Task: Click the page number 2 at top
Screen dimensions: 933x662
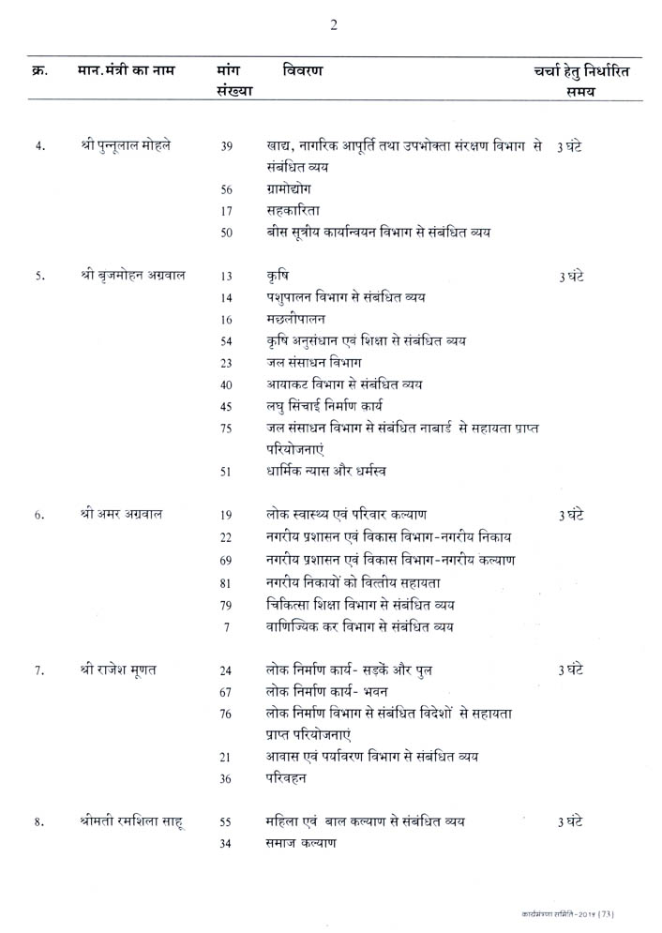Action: click(x=333, y=24)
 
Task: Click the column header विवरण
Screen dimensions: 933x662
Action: click(x=304, y=70)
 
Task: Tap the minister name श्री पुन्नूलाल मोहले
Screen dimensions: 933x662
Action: click(x=132, y=146)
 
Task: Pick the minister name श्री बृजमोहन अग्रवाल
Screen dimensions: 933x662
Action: click(x=133, y=276)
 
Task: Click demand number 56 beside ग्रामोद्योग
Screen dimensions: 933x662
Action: click(x=227, y=188)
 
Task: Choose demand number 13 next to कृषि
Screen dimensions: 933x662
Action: click(x=227, y=277)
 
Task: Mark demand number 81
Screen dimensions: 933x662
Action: click(x=226, y=582)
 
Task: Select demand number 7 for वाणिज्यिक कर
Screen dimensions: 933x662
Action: click(x=227, y=626)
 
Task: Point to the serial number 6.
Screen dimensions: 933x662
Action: click(x=39, y=516)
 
